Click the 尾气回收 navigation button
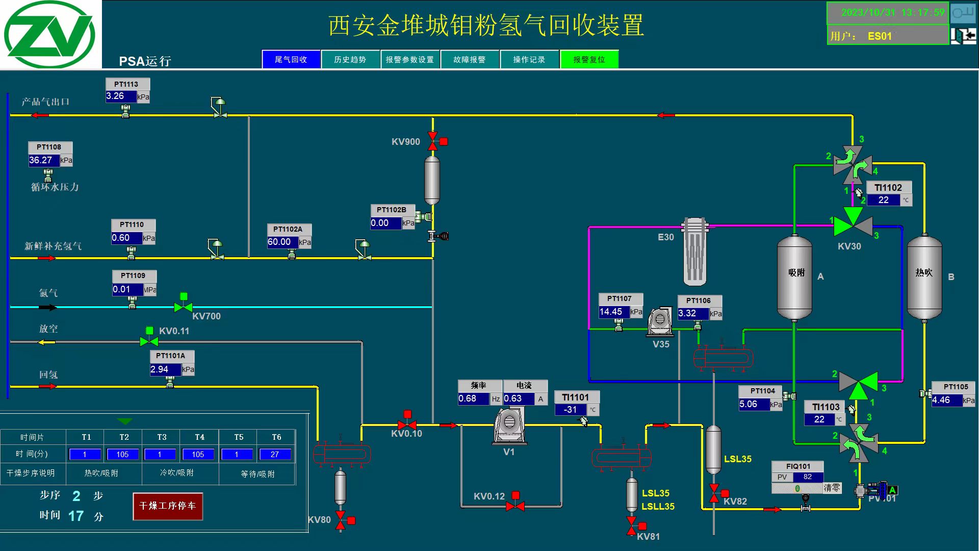291,59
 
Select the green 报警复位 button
589,59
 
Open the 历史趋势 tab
350,59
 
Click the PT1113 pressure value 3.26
121,96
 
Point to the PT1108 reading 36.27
44,160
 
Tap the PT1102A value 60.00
282,242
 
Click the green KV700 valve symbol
183,307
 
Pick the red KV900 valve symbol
433,141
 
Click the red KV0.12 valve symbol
515,506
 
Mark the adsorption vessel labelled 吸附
794,277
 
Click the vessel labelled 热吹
924,277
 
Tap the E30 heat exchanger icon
694,252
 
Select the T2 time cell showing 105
122,454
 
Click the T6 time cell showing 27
275,454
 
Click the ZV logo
50,34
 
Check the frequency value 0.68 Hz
474,398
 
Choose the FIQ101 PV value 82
808,477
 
